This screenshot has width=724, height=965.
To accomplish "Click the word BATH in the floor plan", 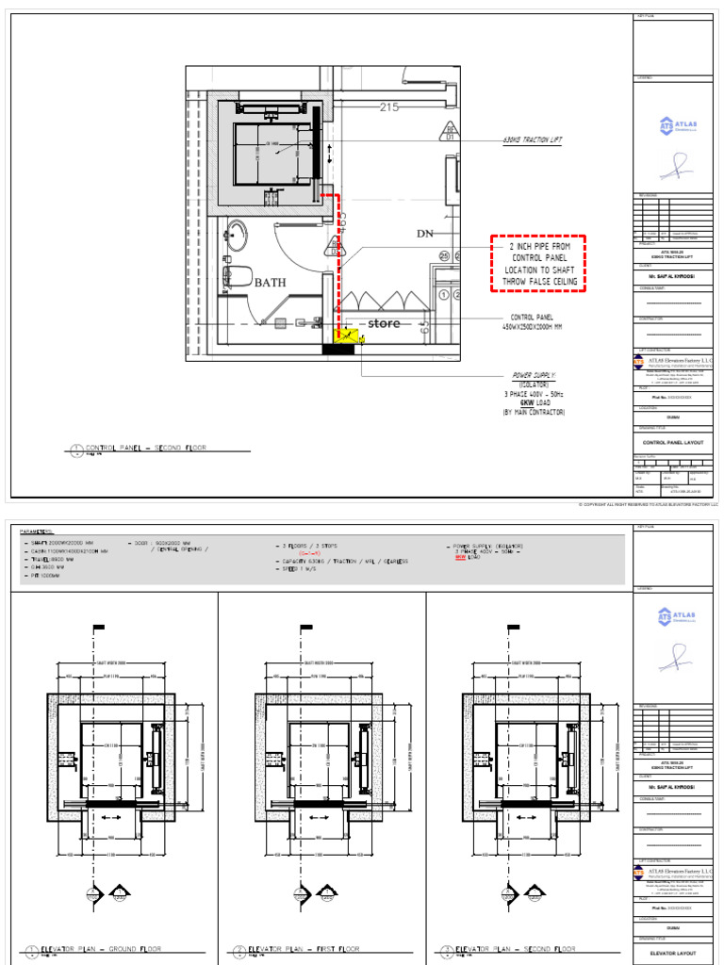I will coord(270,282).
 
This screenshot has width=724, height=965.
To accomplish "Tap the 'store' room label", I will coord(383,323).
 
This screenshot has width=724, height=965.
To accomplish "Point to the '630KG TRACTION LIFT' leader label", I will coord(533,139).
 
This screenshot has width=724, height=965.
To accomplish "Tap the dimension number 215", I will coord(389,107).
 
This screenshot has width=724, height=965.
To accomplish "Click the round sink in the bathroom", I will coord(236,235).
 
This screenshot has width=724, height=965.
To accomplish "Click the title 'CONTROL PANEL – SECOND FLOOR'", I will coord(145,449).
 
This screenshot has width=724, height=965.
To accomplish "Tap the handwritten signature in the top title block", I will coord(674,168).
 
